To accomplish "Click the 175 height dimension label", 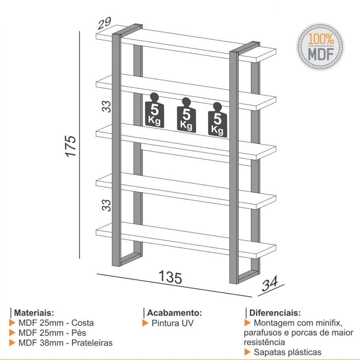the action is point(71,146).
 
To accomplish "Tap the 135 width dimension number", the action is point(170,277).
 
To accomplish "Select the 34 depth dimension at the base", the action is point(270,283).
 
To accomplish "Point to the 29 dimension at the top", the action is point(104,23).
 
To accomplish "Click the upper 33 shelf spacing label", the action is point(106,106).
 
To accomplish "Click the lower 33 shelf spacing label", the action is point(106,205).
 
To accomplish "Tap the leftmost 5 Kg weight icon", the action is point(154,110).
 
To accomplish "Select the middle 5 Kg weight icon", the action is point(186,115).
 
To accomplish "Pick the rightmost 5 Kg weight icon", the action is point(218,120).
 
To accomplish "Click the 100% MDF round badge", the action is point(320,46).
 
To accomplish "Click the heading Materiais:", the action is point(34,312).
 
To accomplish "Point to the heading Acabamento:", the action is point(174,313).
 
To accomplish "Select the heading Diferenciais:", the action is point(275,313).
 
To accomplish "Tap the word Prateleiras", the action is point(92,343).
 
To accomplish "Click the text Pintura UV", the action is point(173,323).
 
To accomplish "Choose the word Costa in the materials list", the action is point(82,323).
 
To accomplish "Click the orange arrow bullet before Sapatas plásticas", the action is point(247,352).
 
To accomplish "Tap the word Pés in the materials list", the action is point(79,333).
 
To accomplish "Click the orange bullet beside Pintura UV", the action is point(145,323).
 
